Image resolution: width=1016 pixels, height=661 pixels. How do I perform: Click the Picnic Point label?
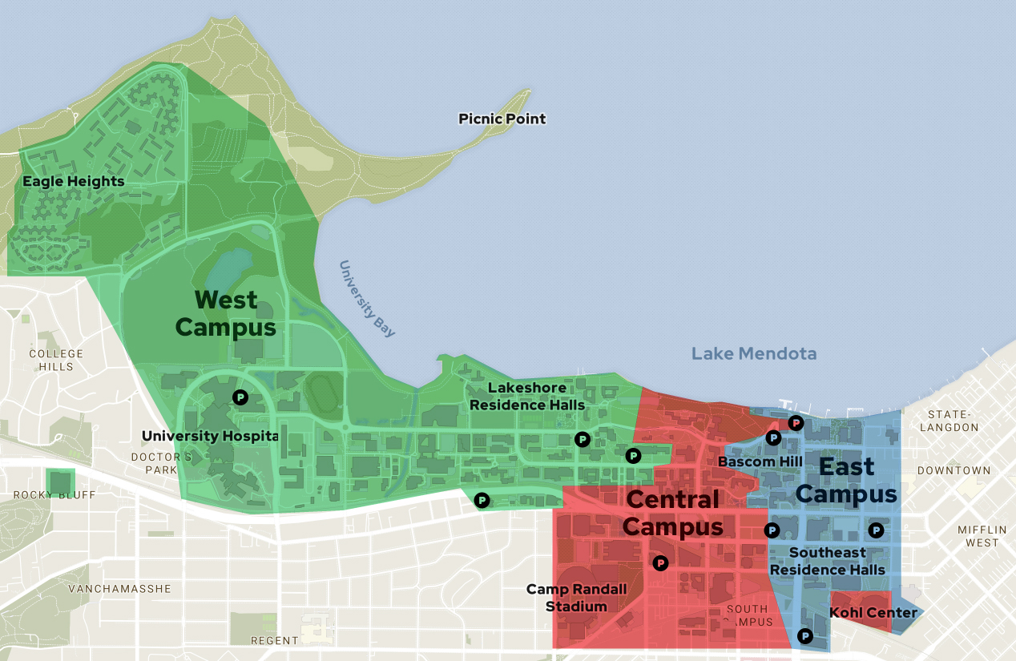(x=502, y=119)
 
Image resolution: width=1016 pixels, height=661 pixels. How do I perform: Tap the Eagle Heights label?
(x=73, y=181)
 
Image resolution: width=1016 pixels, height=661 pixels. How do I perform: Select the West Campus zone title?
(x=226, y=314)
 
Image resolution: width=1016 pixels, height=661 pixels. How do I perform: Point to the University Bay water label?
(x=367, y=299)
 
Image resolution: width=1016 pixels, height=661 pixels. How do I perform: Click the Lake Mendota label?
(x=754, y=353)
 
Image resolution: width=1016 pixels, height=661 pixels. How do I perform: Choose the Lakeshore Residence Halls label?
(x=527, y=396)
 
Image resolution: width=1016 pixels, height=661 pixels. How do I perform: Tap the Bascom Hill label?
(x=748, y=461)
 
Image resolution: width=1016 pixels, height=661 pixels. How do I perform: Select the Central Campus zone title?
(x=672, y=513)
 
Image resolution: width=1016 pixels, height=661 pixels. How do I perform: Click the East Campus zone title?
(x=846, y=480)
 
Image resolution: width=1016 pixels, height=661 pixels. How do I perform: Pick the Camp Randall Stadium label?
(x=576, y=598)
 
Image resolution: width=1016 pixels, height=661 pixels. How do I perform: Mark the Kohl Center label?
(x=873, y=613)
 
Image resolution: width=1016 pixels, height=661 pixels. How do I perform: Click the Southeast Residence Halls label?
(x=827, y=561)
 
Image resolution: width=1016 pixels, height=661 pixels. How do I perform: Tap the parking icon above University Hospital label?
(x=240, y=397)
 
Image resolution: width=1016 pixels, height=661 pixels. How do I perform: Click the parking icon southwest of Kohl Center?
(x=805, y=636)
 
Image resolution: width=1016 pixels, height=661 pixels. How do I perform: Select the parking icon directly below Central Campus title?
(x=660, y=562)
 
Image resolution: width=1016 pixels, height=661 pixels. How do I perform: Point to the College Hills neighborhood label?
(x=56, y=360)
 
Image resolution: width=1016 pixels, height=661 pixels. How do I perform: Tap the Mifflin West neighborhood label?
(x=982, y=536)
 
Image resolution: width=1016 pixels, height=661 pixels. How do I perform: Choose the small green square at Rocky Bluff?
(x=59, y=482)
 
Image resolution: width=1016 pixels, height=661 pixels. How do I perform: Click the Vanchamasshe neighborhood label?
(x=119, y=588)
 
